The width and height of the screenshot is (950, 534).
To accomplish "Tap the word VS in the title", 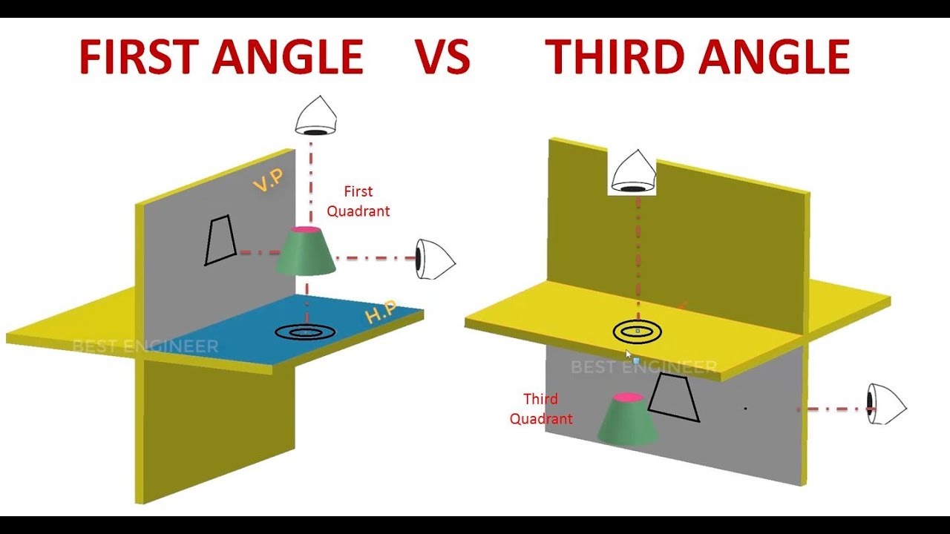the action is [x=442, y=57].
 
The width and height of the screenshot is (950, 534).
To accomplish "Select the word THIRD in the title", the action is [x=615, y=57].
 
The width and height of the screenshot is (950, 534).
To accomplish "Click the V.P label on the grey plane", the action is [x=268, y=179].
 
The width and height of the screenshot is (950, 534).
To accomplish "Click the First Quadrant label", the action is [x=358, y=201].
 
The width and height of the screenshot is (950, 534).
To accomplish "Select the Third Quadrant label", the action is [x=541, y=409].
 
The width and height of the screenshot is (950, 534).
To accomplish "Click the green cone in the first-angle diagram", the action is [x=306, y=251].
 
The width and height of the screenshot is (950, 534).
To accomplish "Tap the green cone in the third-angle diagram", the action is [x=628, y=419].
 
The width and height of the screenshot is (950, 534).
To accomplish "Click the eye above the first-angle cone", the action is [x=316, y=115].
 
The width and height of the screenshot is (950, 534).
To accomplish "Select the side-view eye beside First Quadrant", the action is [x=435, y=260].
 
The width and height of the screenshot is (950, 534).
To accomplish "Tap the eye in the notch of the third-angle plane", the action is [x=633, y=171].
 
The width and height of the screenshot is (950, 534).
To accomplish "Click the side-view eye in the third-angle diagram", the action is [x=886, y=404].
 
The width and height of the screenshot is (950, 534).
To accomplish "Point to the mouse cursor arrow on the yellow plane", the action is [x=629, y=355].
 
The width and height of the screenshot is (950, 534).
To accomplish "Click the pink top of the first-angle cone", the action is [x=306, y=230].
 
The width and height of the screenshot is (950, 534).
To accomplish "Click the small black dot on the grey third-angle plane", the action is [x=746, y=409].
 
